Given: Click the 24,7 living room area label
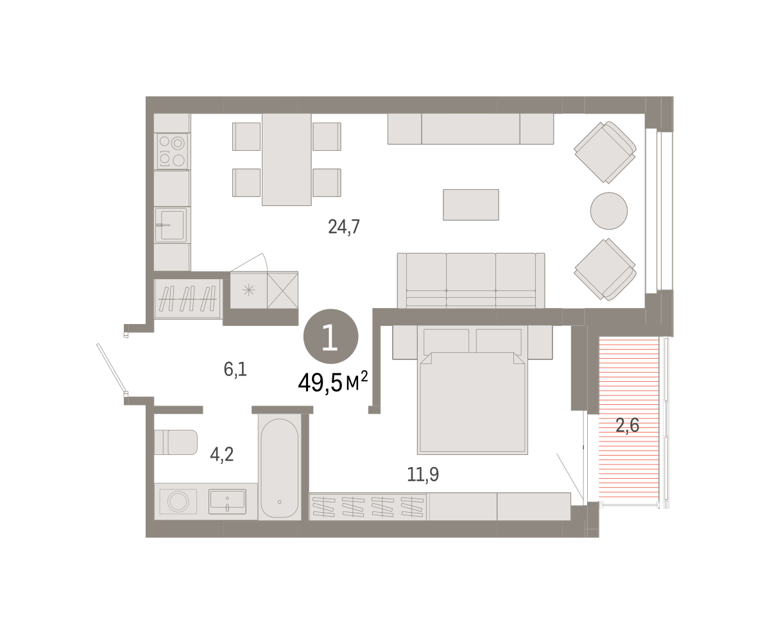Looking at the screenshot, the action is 343,227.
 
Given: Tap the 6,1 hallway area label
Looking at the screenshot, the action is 235,369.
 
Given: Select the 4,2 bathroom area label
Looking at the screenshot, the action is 221,455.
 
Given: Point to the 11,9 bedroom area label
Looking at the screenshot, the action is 423,474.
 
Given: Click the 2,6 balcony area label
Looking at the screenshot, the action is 628,425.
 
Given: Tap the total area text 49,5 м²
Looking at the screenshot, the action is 332,382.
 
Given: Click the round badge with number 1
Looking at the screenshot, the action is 331,336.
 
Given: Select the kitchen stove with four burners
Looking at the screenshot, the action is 171,151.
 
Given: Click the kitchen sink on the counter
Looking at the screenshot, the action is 171,225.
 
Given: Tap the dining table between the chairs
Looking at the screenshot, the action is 287,160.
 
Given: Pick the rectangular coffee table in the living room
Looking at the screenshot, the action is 471,205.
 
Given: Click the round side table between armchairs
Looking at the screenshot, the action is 609,210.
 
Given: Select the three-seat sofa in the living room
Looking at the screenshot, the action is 471,280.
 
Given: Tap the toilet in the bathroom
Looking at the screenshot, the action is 176,442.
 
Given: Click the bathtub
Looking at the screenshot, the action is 280,468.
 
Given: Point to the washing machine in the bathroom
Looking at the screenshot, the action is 178,501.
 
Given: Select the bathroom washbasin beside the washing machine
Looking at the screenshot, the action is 227,501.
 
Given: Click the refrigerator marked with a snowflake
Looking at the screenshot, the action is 248,290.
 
